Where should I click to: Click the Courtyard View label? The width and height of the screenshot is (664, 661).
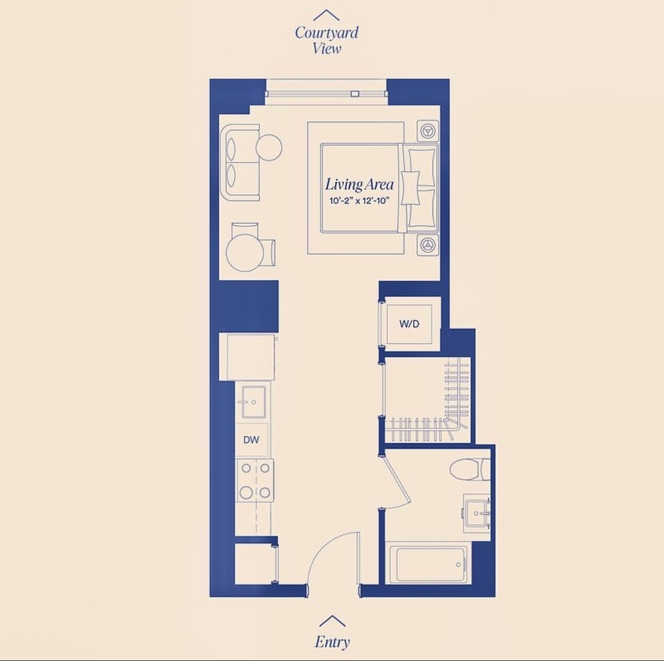(327, 40)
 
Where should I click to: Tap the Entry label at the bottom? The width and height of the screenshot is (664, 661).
(333, 642)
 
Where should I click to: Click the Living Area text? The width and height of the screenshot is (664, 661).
(359, 184)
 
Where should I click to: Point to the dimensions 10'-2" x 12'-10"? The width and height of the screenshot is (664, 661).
(359, 201)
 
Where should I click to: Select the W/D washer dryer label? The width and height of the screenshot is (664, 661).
(409, 324)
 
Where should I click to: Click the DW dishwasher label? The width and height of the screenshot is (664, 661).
(251, 440)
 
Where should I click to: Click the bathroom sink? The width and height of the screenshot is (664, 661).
(477, 513)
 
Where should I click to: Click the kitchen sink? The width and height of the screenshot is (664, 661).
(254, 402)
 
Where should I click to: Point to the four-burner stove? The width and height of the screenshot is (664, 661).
(255, 481)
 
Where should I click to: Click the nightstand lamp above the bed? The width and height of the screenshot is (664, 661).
(427, 130)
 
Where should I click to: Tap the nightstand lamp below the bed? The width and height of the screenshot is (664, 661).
(427, 245)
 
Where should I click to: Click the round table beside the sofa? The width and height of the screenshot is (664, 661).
(269, 147)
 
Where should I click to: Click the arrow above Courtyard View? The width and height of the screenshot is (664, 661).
(326, 16)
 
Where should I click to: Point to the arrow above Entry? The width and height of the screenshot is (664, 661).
(333, 621)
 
